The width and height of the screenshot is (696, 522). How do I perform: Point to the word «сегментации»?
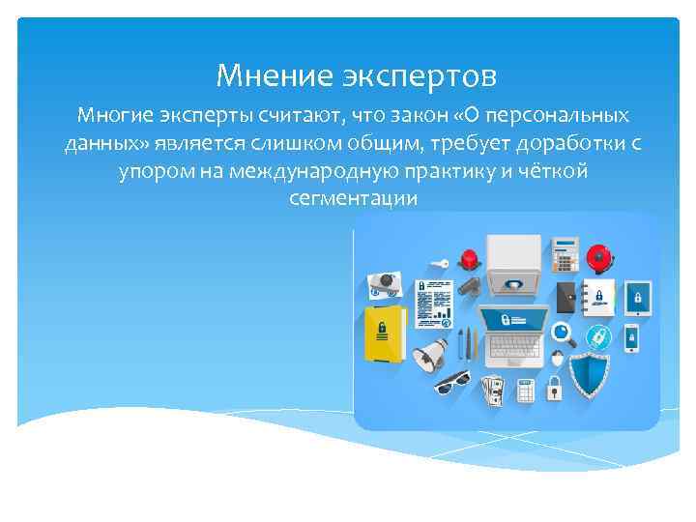(353, 198)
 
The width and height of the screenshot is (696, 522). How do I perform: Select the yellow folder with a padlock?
(382, 334)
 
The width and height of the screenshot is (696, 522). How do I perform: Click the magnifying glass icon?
(564, 333)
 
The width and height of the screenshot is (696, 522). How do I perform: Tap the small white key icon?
(439, 263)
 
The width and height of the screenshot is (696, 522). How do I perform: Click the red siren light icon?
(471, 259)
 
